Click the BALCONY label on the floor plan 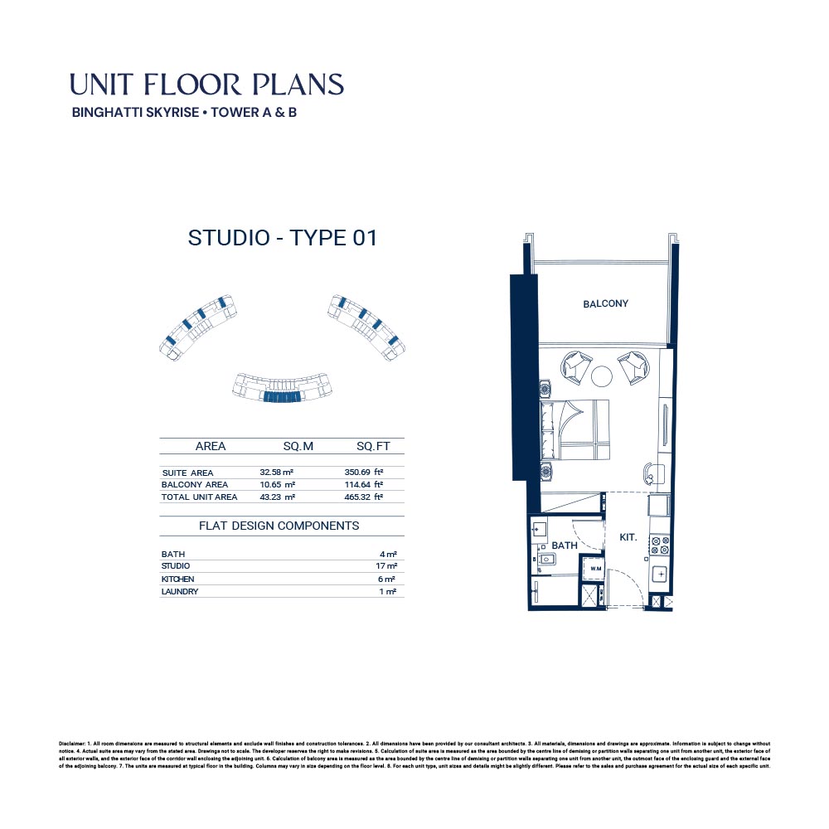point(605,304)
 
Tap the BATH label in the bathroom point(565,545)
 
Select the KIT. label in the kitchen point(628,537)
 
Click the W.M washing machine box point(595,570)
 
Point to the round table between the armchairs point(603,376)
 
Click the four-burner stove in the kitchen point(660,545)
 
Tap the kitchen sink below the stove point(661,574)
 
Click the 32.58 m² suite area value point(277,473)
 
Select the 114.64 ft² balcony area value point(364,485)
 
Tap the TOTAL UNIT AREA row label point(199,497)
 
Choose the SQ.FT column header point(373,447)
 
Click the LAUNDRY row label point(180,592)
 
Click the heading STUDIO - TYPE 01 point(283,239)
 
